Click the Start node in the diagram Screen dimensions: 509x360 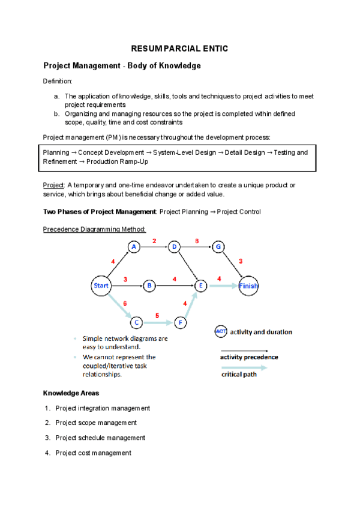tap(101, 286)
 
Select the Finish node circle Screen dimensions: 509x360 tap(248, 286)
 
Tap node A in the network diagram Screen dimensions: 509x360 tap(134, 247)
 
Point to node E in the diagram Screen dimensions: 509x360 tap(200, 286)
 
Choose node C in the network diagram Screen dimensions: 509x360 tap(137, 323)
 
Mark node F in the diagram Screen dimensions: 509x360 tap(181, 323)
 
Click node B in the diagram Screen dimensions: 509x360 tap(149, 286)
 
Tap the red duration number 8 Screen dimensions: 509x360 tap(196, 241)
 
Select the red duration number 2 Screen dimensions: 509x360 tap(154, 241)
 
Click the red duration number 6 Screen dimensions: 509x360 tap(125, 304)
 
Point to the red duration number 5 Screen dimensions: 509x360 tap(157, 315)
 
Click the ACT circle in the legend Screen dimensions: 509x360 tap(221, 331)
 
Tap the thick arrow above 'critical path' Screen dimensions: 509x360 tap(244, 368)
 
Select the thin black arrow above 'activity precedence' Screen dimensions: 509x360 tap(244, 350)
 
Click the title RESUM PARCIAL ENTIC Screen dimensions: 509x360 tap(180, 48)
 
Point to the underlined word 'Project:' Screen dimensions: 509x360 tap(54, 185)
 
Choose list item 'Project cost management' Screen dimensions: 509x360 tap(93, 453)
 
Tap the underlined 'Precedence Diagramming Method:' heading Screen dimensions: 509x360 tap(95, 229)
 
